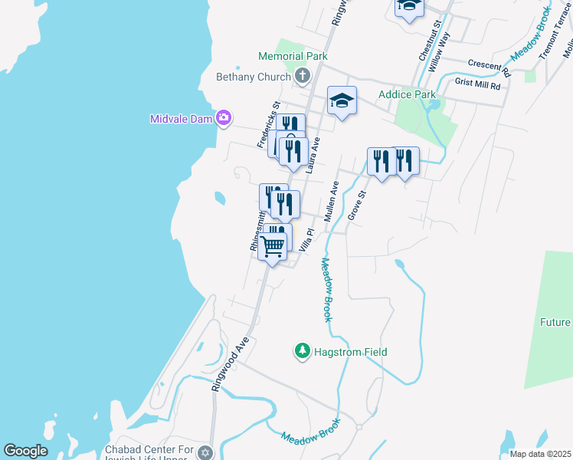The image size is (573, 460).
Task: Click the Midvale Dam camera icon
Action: click(224, 117)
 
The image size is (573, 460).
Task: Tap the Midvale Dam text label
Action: click(182, 118)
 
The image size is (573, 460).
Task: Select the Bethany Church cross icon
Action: click(303, 76)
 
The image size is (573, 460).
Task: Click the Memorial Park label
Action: click(293, 56)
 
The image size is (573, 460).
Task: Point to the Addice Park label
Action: click(407, 95)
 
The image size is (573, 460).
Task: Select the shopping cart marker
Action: click(272, 247)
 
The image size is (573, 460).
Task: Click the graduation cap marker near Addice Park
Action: click(342, 100)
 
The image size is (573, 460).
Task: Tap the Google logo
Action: click(25, 451)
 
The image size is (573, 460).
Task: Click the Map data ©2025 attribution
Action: click(540, 454)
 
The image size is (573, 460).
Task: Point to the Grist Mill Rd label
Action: click(476, 84)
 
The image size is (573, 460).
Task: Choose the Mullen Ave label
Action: click(331, 202)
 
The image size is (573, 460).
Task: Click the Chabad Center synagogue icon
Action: click(204, 452)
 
